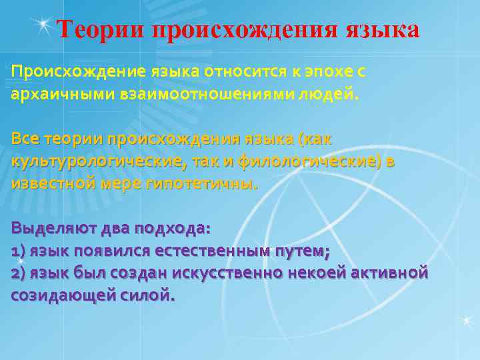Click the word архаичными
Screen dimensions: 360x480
pos(53,94)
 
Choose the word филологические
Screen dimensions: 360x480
pos(308,162)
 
